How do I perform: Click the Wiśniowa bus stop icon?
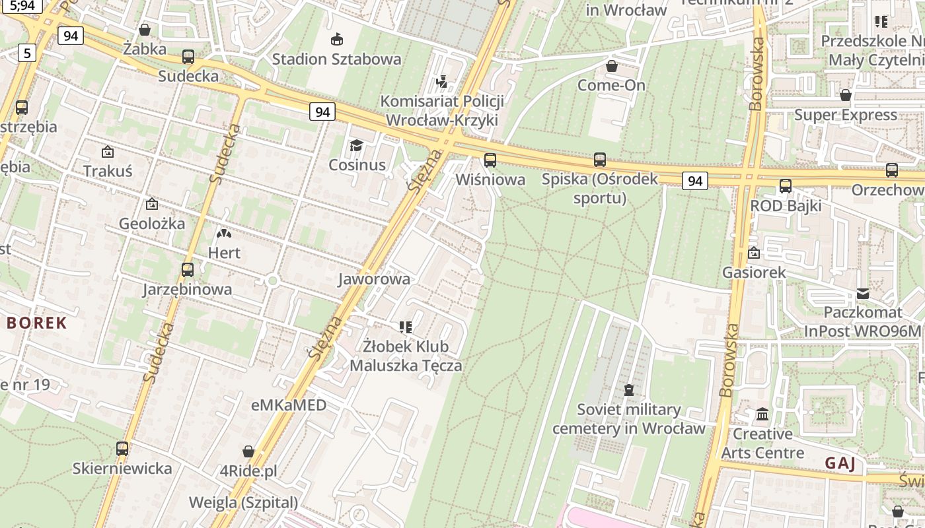point(490,160)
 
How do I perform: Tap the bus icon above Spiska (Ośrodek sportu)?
point(600,159)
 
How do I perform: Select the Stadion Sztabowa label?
point(337,59)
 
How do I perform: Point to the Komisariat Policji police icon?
point(442,82)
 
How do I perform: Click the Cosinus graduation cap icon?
point(357,145)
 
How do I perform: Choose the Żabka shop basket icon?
point(145,30)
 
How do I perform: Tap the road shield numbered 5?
point(26,53)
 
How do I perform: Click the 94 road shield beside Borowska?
point(694,180)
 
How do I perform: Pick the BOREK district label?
point(38,323)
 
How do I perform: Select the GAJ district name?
point(840,463)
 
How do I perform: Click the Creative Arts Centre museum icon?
point(762,414)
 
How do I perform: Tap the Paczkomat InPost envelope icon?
point(863,293)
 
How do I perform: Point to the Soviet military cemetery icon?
point(629,390)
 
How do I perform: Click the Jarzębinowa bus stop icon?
point(188,269)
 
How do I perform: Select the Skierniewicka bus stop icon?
point(122,449)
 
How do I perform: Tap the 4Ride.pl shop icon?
point(248,451)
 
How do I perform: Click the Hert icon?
point(224,233)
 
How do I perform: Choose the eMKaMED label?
point(289,405)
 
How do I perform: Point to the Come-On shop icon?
point(612,66)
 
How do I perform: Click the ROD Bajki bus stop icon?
point(786,186)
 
